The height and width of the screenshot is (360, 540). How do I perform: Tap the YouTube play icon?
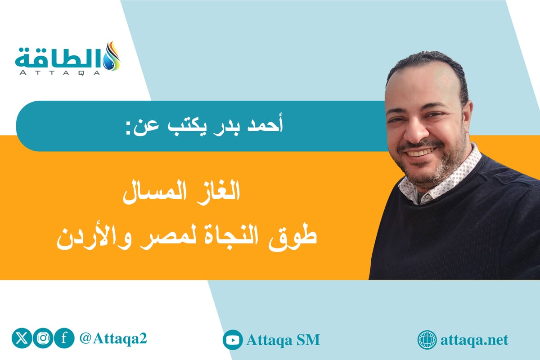coord(233,340)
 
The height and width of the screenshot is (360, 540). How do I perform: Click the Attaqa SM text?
coord(283,340)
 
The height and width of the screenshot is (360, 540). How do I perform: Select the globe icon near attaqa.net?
coord(427,340)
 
